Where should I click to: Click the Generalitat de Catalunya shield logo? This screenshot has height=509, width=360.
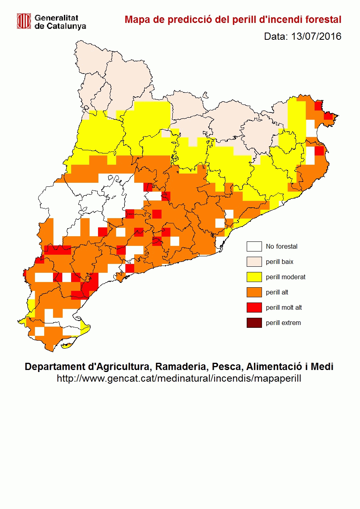(x=24, y=21)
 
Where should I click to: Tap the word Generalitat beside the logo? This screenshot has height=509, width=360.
(x=56, y=18)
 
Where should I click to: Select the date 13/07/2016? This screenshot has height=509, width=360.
(x=316, y=37)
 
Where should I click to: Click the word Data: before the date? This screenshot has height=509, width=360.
(x=276, y=37)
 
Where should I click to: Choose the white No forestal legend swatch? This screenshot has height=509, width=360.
(x=254, y=247)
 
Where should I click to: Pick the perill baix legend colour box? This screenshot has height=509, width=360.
(x=254, y=262)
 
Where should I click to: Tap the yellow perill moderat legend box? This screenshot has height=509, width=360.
(x=254, y=277)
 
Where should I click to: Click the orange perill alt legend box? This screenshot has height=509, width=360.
(x=254, y=292)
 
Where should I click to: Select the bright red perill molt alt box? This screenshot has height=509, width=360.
(x=254, y=308)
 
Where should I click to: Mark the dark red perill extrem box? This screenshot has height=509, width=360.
(x=254, y=323)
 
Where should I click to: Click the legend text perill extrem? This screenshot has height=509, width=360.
(x=283, y=323)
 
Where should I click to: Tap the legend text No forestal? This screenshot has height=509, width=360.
(x=282, y=247)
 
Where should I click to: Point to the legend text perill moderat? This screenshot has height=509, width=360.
(x=286, y=277)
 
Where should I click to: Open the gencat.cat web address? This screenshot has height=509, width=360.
(x=179, y=378)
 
